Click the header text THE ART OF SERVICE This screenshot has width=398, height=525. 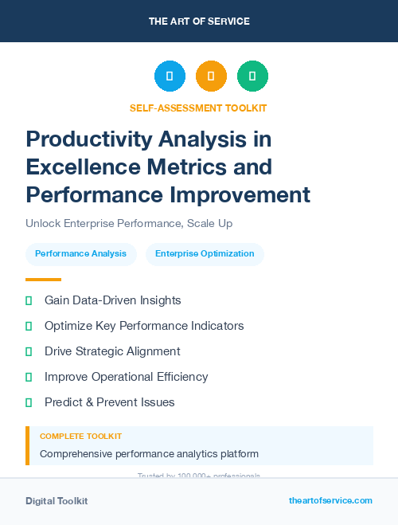click(199, 22)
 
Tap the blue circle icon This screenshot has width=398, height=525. click(170, 76)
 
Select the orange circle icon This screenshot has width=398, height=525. click(211, 76)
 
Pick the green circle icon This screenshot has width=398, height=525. click(252, 76)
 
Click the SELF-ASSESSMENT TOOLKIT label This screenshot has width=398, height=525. click(198, 108)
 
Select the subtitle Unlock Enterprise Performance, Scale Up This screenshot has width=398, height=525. click(129, 224)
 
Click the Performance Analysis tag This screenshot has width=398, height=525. click(80, 254)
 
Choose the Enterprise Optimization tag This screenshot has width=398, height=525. click(205, 254)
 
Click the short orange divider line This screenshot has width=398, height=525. click(43, 280)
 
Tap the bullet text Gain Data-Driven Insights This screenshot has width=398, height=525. click(112, 300)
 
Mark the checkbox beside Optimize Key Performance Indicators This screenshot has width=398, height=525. click(29, 327)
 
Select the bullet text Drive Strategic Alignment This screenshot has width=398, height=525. click(112, 351)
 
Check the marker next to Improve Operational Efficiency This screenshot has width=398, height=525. click(29, 378)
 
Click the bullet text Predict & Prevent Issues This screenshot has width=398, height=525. click(109, 402)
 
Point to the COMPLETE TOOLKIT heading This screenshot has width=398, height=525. click(80, 437)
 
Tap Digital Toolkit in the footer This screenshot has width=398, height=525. click(57, 501)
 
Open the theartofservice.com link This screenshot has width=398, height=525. click(330, 500)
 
